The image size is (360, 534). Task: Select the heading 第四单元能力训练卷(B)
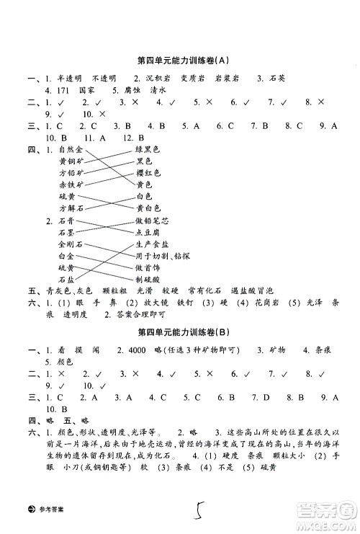(x=179, y=332)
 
